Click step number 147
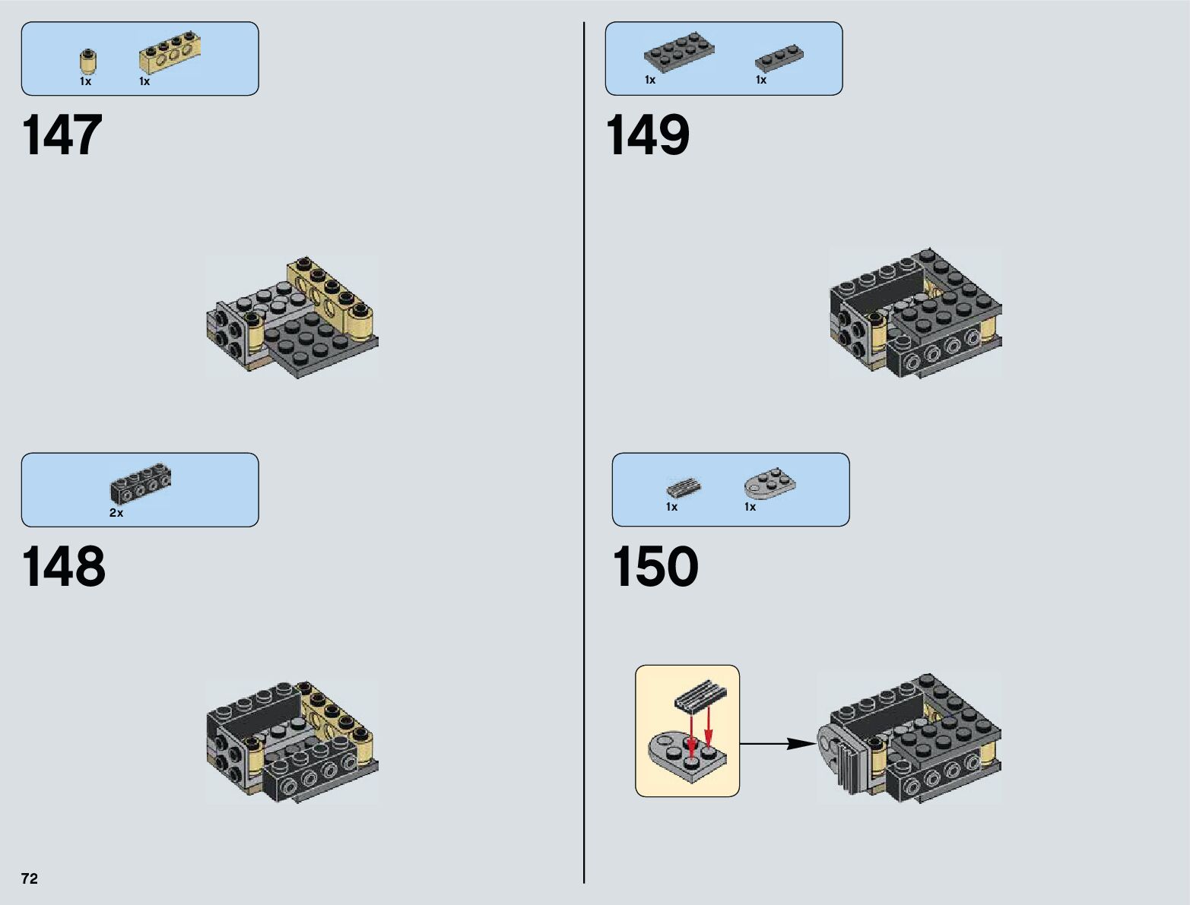tap(62, 136)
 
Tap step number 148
tap(64, 568)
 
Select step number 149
tap(647, 136)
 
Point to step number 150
tap(655, 568)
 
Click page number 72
tap(30, 878)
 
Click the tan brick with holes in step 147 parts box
tap(170, 55)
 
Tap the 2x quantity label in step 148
tap(116, 513)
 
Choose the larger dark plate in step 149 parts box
tap(679, 52)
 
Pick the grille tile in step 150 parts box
tap(684, 488)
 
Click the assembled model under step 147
tap(292, 318)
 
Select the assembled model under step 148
tap(292, 742)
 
